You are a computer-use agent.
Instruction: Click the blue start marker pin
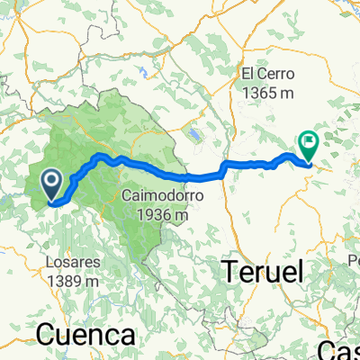click(x=51, y=186)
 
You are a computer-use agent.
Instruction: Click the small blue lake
click(x=193, y=135)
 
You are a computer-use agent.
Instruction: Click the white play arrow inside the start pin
click(x=51, y=183)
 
